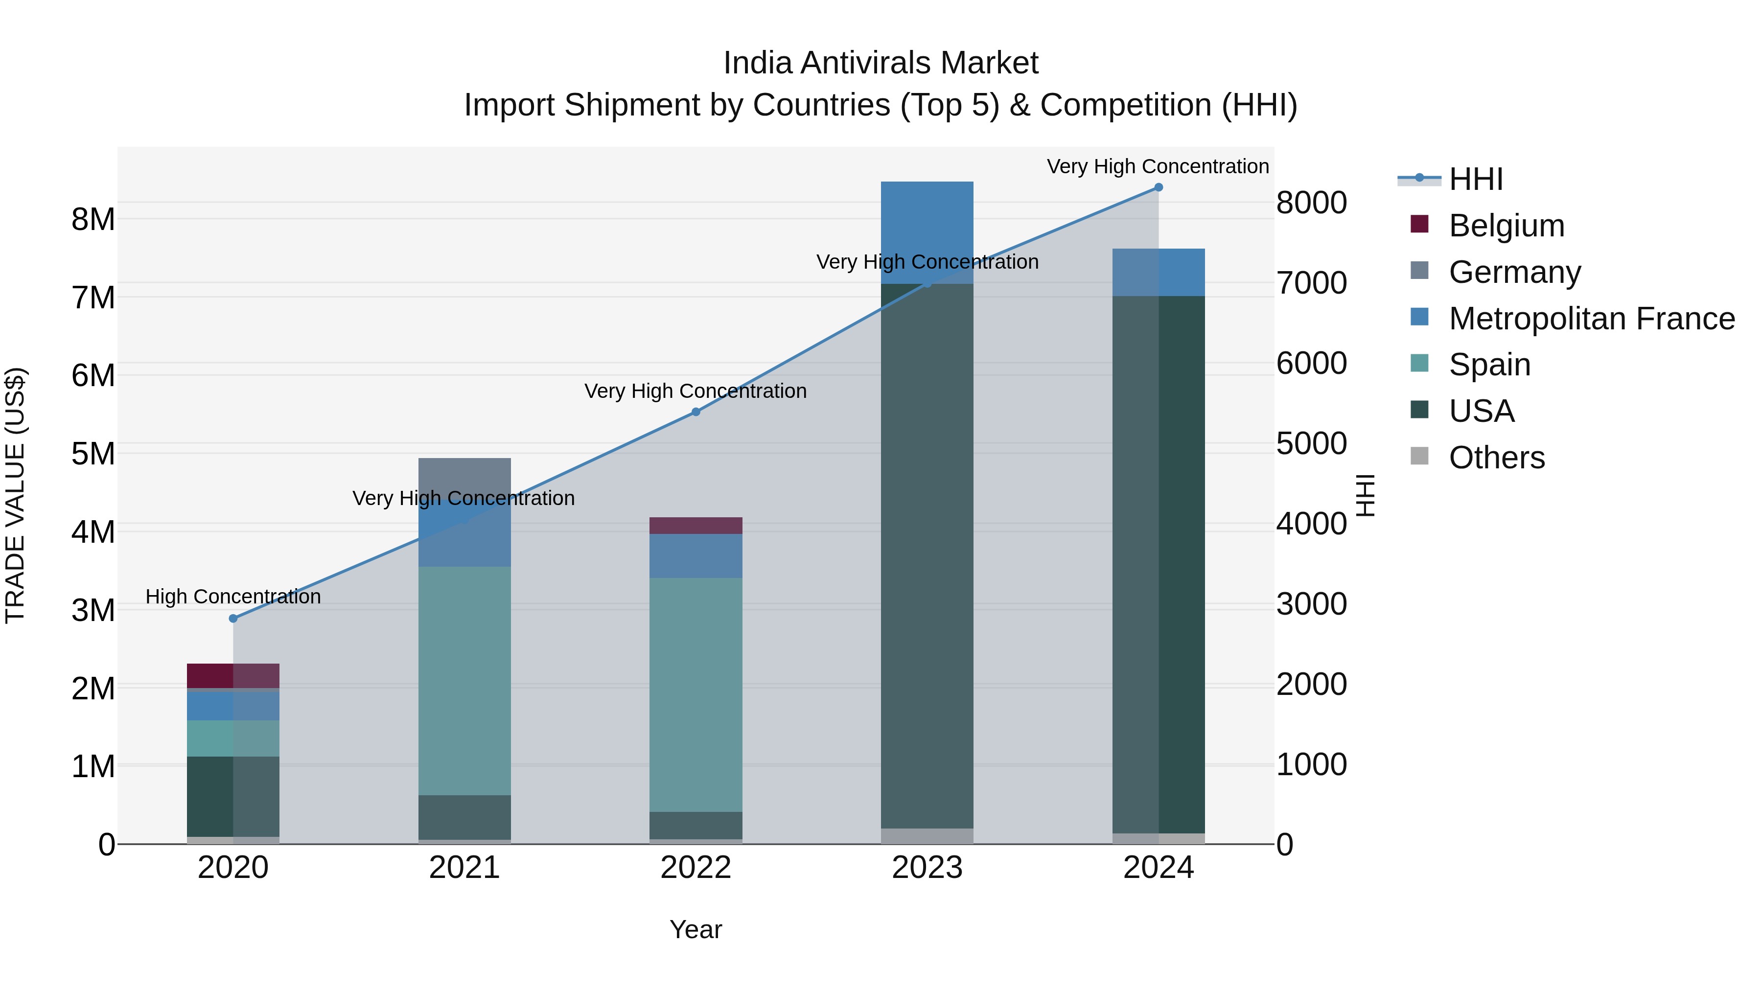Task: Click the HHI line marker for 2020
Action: click(233, 618)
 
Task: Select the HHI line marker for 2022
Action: click(696, 412)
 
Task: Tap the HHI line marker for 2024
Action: click(1158, 187)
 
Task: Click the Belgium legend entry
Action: click(1506, 226)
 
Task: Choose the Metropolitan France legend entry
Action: click(1591, 319)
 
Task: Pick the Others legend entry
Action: click(1497, 458)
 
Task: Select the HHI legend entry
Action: click(1475, 179)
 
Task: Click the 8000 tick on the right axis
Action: click(1311, 203)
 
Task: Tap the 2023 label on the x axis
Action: click(927, 868)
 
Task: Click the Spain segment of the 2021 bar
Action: click(464, 681)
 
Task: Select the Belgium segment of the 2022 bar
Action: click(696, 525)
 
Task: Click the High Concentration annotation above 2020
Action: click(233, 597)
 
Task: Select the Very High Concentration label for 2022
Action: click(696, 391)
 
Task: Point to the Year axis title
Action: click(696, 929)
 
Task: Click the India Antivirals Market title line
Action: click(881, 63)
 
